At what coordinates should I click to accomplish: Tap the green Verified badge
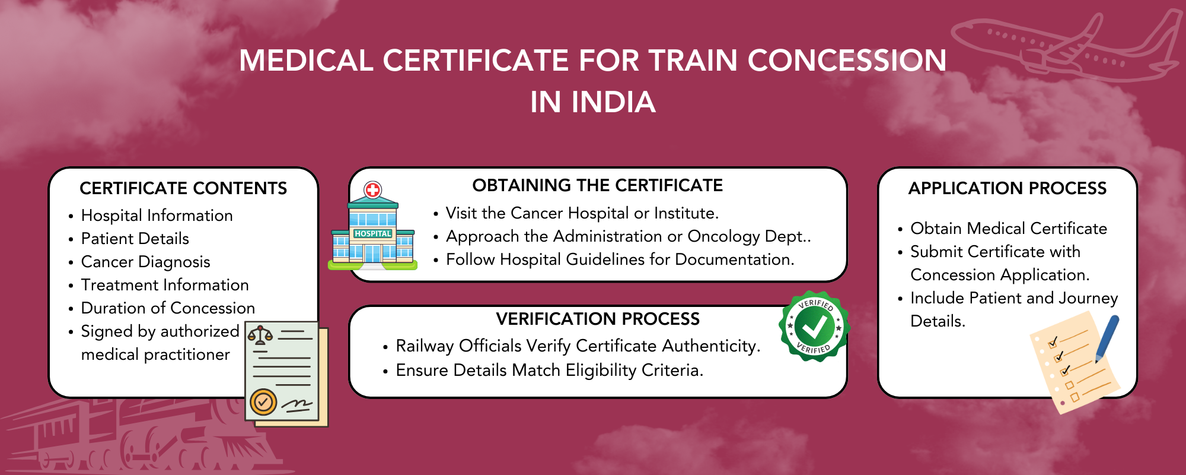(814, 326)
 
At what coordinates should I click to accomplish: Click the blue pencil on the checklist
(1107, 338)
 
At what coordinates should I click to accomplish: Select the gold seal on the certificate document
(263, 402)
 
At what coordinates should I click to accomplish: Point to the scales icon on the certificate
(260, 335)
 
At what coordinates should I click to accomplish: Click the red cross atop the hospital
(373, 190)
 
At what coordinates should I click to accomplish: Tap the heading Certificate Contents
(183, 188)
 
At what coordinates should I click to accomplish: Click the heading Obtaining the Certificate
(597, 185)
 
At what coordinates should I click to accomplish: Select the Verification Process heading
(598, 319)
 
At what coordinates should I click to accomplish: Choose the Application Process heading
(1008, 188)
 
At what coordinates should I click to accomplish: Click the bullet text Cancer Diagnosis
(145, 262)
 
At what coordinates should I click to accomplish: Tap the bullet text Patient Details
(135, 239)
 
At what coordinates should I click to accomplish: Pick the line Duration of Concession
(168, 308)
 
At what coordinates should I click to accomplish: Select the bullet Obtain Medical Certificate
(1008, 229)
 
